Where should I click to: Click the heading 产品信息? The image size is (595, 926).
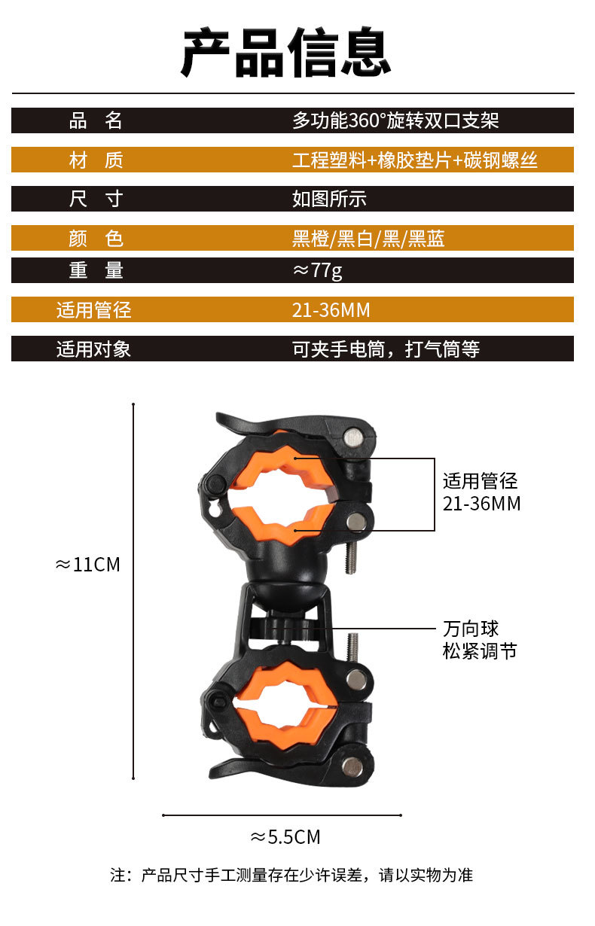pyautogui.click(x=286, y=53)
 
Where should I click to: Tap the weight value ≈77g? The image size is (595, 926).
pyautogui.click(x=317, y=270)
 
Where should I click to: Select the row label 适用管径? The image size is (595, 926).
pyautogui.click(x=93, y=310)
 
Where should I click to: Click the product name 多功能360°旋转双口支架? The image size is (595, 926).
pyautogui.click(x=395, y=120)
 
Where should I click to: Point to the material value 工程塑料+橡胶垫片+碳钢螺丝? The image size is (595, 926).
pyautogui.click(x=415, y=160)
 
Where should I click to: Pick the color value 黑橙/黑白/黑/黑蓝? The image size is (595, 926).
pyautogui.click(x=368, y=239)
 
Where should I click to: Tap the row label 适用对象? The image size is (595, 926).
pyautogui.click(x=93, y=349)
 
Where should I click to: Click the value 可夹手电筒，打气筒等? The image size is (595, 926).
pyautogui.click(x=386, y=349)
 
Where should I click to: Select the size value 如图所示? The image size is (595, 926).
pyautogui.click(x=329, y=199)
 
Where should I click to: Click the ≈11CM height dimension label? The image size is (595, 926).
pyautogui.click(x=88, y=565)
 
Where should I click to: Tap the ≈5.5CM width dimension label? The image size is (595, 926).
pyautogui.click(x=285, y=836)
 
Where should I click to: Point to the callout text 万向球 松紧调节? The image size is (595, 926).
pyautogui.click(x=480, y=640)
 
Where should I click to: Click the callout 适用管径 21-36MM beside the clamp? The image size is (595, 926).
pyautogui.click(x=481, y=492)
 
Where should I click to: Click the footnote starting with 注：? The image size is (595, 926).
pyautogui.click(x=291, y=875)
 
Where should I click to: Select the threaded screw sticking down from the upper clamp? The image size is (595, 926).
pyautogui.click(x=351, y=556)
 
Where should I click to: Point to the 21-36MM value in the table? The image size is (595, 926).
pyautogui.click(x=331, y=310)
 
